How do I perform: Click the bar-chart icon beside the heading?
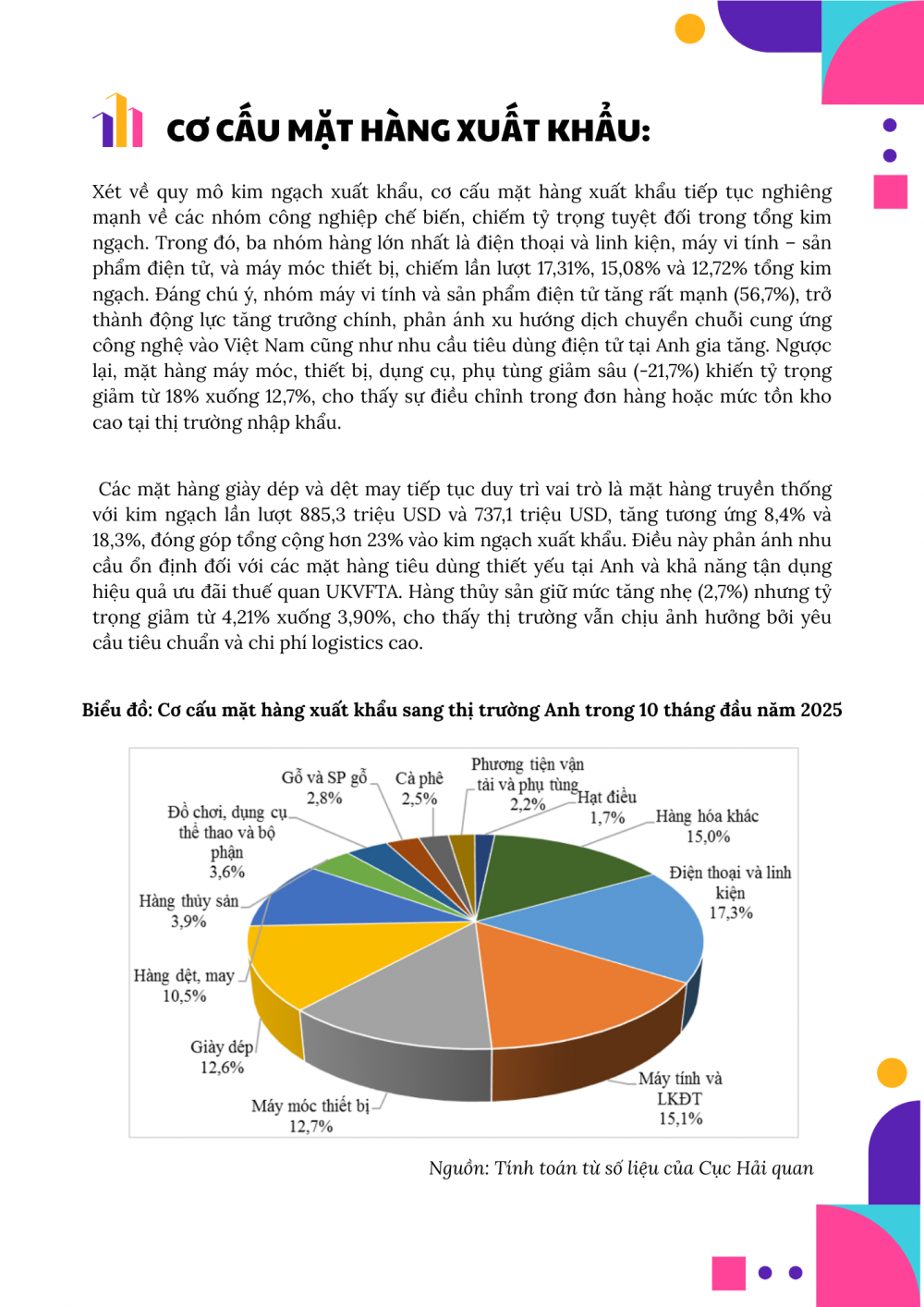click(x=117, y=121)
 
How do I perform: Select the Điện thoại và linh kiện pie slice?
click(x=638, y=924)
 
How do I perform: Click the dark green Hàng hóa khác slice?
click(x=554, y=869)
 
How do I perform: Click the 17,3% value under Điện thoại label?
click(x=731, y=913)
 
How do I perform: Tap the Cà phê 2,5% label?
click(x=419, y=788)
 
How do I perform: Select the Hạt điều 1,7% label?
click(x=607, y=807)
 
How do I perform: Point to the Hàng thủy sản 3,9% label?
click(x=188, y=910)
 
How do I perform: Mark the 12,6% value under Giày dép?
click(x=222, y=1068)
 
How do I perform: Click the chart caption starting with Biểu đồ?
click(x=462, y=710)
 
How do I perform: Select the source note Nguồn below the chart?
click(x=621, y=1168)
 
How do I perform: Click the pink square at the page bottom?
click(x=728, y=1273)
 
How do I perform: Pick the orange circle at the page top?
click(x=689, y=29)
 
